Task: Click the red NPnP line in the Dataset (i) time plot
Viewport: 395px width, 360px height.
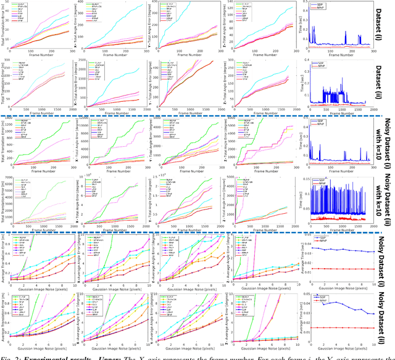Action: (x=346, y=44)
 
